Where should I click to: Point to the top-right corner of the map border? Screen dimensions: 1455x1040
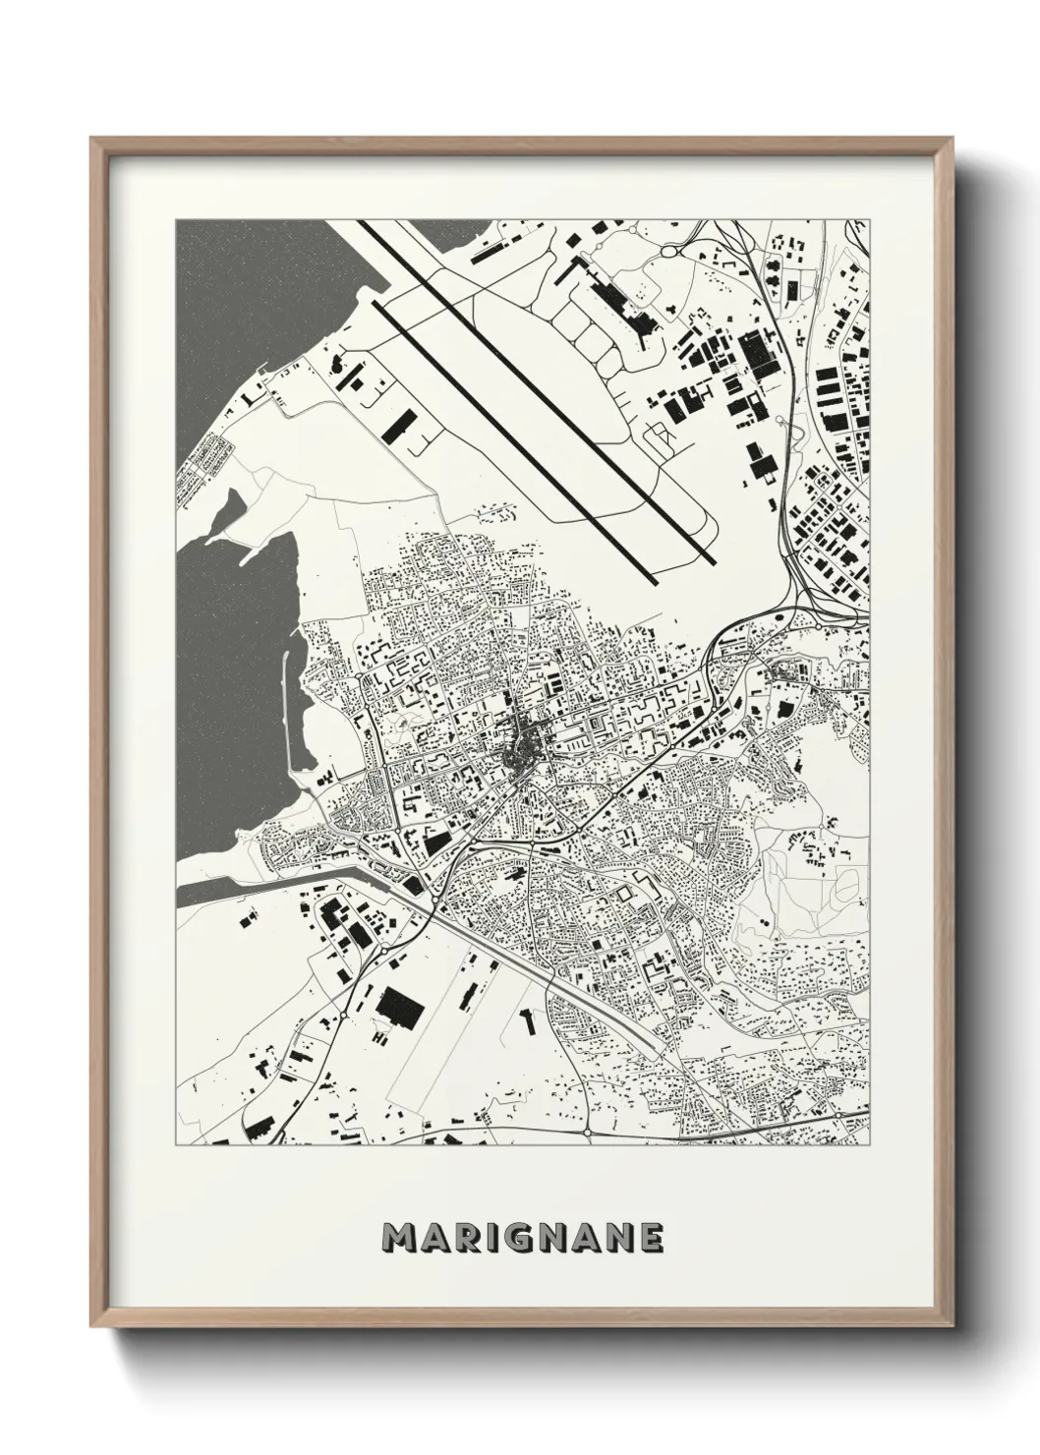[869, 220]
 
